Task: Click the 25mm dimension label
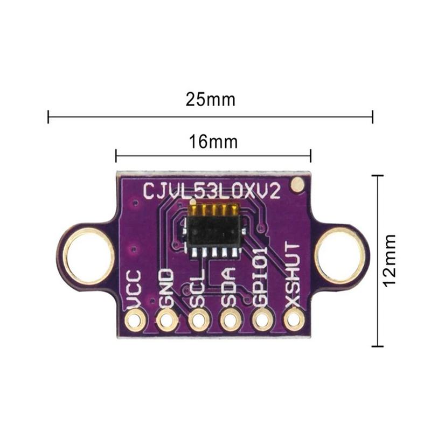click(x=211, y=100)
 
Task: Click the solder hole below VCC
click(x=134, y=321)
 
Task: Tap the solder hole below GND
click(x=166, y=322)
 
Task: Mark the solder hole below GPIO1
click(x=262, y=322)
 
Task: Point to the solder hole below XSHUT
click(x=294, y=322)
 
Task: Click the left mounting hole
click(x=89, y=255)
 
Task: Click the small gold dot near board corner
click(x=296, y=185)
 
